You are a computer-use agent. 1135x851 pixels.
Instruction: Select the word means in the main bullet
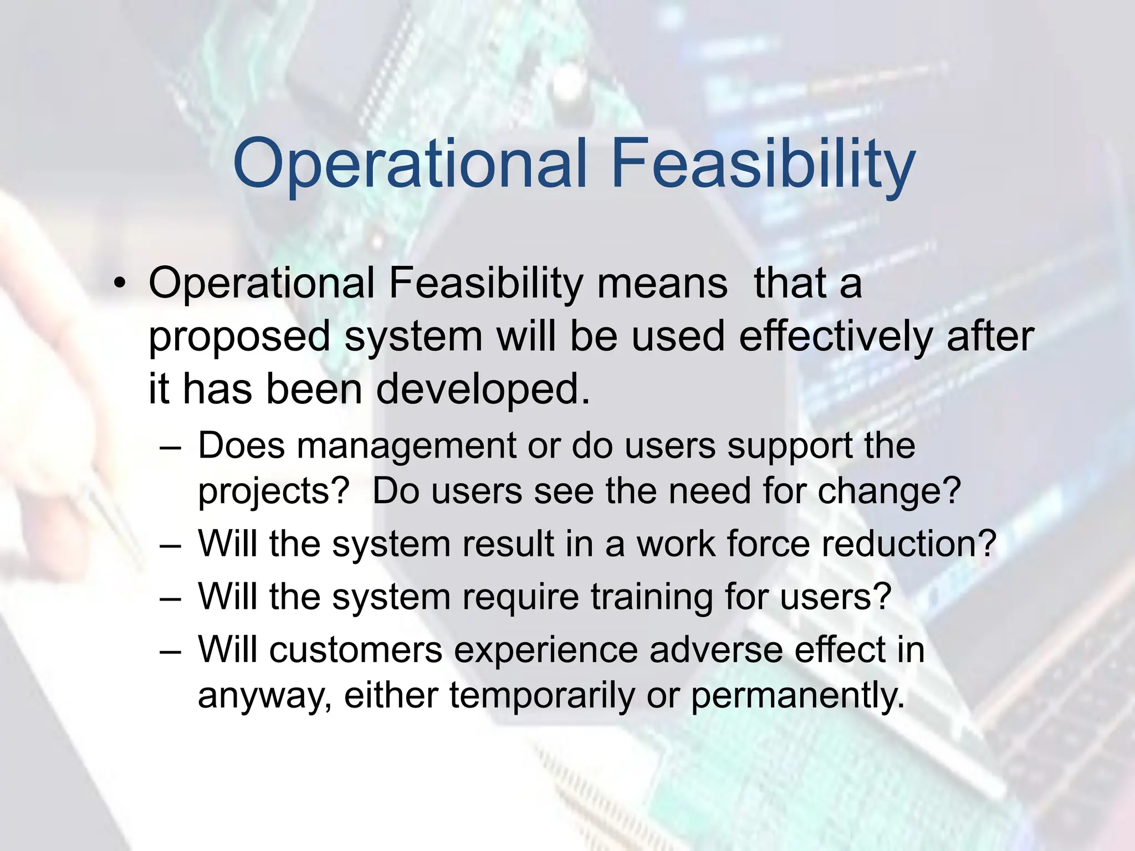662,283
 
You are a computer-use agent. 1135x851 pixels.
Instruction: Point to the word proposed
239,337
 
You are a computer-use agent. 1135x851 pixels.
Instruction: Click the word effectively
836,336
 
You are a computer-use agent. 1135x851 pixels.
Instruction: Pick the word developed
483,389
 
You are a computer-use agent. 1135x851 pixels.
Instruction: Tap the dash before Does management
170,447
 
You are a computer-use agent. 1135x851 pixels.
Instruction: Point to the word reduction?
909,544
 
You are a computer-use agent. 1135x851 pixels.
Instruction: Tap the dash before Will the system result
170,545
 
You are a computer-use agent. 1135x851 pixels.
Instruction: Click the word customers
356,650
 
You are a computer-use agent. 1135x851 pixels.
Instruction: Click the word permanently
797,696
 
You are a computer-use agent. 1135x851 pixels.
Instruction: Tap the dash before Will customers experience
170,651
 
